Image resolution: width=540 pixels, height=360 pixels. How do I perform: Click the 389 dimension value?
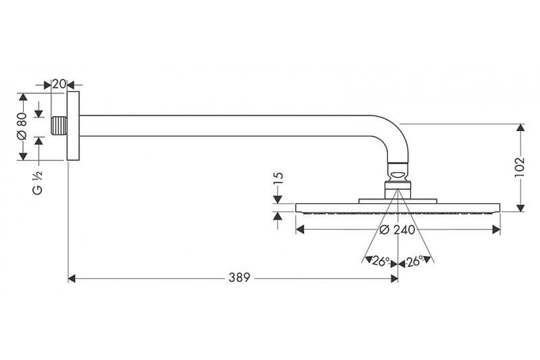pos(239,278)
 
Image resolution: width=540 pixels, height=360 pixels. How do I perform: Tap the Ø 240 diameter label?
pos(397,230)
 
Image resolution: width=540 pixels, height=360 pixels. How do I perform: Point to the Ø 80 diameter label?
pos(22,126)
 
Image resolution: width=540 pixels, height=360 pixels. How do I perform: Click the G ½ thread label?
pos(38,183)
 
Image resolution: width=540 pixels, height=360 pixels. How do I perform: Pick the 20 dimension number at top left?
pos(59,84)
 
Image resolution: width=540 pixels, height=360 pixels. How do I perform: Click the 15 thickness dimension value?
pos(278,179)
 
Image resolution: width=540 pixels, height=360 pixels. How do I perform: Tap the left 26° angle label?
pos(381,261)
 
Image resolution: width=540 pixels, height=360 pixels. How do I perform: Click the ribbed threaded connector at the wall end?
pos(59,126)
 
